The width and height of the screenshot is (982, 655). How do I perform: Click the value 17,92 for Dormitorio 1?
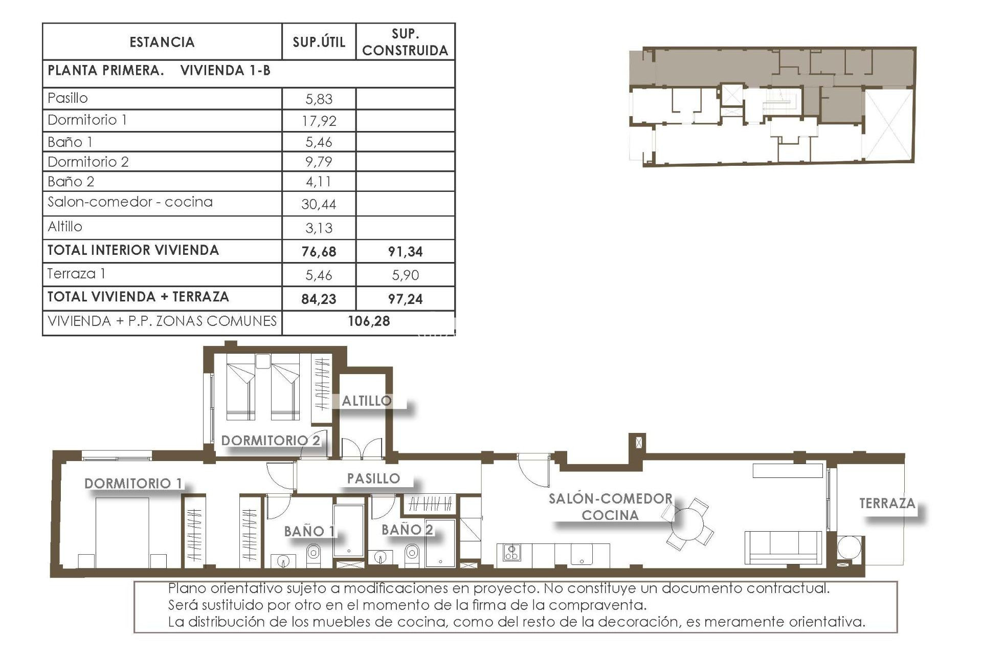tap(319, 121)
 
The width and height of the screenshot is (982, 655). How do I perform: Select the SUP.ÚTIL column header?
tap(319, 42)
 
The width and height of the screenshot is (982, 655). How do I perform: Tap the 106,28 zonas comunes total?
tap(369, 321)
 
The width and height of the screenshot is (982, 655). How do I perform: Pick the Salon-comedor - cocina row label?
tap(130, 202)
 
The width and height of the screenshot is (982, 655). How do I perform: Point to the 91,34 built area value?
tap(405, 251)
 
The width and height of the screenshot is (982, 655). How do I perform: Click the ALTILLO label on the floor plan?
tap(367, 401)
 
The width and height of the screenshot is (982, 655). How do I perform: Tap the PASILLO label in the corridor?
tap(373, 478)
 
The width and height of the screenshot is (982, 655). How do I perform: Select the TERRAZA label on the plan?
tap(887, 503)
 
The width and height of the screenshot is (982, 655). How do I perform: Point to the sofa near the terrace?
tap(783, 548)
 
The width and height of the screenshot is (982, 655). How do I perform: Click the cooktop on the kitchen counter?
tap(511, 553)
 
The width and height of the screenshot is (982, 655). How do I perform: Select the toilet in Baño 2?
tap(411, 553)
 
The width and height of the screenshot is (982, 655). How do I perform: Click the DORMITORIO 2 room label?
tap(271, 440)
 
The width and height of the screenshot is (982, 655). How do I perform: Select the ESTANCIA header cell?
tap(162, 42)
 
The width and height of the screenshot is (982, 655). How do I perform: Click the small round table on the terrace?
tap(849, 548)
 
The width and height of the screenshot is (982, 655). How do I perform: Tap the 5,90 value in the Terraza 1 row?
tap(405, 275)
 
